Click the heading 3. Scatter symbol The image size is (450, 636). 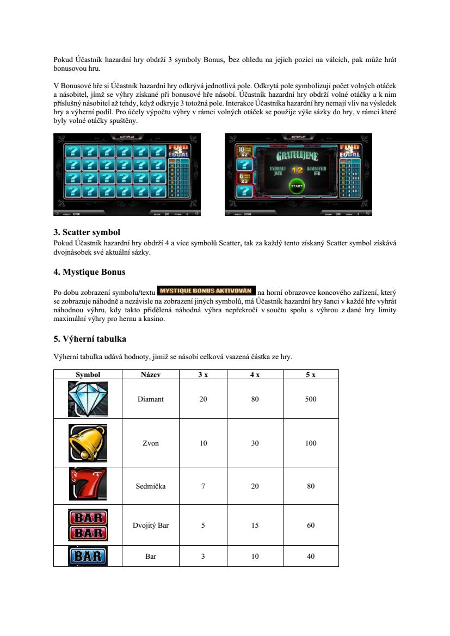(x=87, y=232)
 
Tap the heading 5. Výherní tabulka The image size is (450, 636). (x=90, y=339)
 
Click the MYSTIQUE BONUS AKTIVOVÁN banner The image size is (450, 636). (x=206, y=290)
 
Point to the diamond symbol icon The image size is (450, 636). (x=88, y=399)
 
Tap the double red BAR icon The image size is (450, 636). (x=88, y=524)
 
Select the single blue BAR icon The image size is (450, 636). (x=88, y=556)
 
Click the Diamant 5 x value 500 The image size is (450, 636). (x=311, y=399)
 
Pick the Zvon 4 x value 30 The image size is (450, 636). (x=255, y=443)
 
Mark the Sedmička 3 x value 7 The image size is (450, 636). (x=203, y=486)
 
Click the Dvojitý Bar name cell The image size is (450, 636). (x=151, y=526)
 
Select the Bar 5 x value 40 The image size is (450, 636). (x=311, y=556)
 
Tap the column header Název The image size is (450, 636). (x=151, y=374)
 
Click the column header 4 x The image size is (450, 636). (x=255, y=374)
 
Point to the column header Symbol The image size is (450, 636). (x=88, y=374)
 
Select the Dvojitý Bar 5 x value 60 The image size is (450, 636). (x=311, y=526)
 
